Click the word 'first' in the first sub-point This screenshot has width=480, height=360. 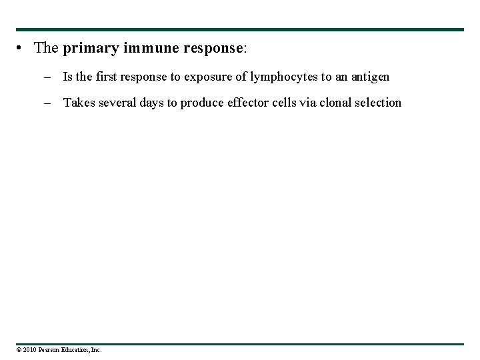[106, 77]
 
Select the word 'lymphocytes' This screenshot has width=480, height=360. [284, 77]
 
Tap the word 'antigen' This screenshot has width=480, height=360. [370, 77]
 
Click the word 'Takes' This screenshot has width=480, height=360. [77, 103]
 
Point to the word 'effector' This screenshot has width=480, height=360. [237, 103]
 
